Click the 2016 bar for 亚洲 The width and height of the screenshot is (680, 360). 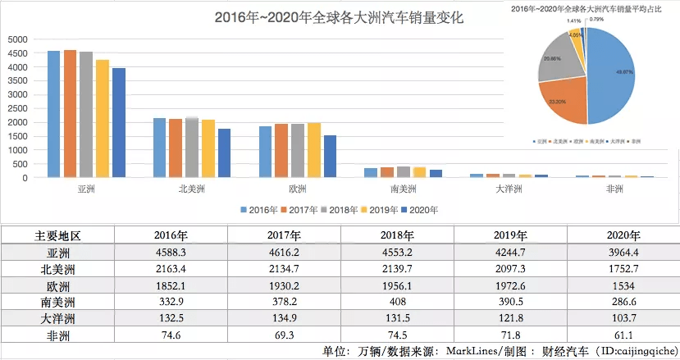point(54,114)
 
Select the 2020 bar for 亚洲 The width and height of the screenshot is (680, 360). point(119,123)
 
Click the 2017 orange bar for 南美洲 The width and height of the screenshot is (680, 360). point(387,172)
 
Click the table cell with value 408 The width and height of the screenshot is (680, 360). point(397,301)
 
